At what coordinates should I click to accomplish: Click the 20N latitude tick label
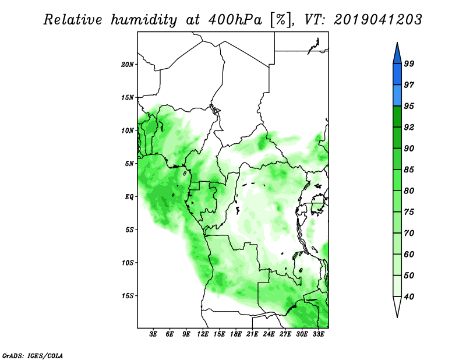pyautogui.click(x=128, y=65)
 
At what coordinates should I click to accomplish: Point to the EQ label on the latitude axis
pyautogui.click(x=129, y=197)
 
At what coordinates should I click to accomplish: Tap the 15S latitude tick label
pyautogui.click(x=128, y=296)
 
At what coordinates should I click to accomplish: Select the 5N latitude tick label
pyautogui.click(x=129, y=164)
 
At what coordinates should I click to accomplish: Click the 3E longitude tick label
pyautogui.click(x=153, y=334)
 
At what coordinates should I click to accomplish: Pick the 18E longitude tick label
pyautogui.click(x=236, y=334)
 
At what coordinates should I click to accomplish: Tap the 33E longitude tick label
pyautogui.click(x=318, y=334)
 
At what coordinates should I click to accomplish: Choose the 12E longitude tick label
pyautogui.click(x=203, y=334)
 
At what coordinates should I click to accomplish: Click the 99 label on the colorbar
pyautogui.click(x=409, y=63)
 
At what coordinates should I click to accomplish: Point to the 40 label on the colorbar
pyautogui.click(x=409, y=297)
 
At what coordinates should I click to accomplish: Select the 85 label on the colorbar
pyautogui.click(x=409, y=170)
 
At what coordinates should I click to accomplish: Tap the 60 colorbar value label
pyautogui.click(x=409, y=254)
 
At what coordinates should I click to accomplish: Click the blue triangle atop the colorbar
pyautogui.click(x=397, y=54)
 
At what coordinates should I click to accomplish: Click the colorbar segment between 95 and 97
pyautogui.click(x=397, y=96)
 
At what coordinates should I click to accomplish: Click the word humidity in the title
pyautogui.click(x=144, y=20)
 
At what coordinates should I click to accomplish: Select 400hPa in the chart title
pyautogui.click(x=235, y=20)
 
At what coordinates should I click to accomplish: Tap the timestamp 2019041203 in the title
pyautogui.click(x=377, y=20)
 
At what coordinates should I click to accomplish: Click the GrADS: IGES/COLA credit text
pyautogui.click(x=33, y=355)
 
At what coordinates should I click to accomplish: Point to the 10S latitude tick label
pyautogui.click(x=128, y=263)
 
